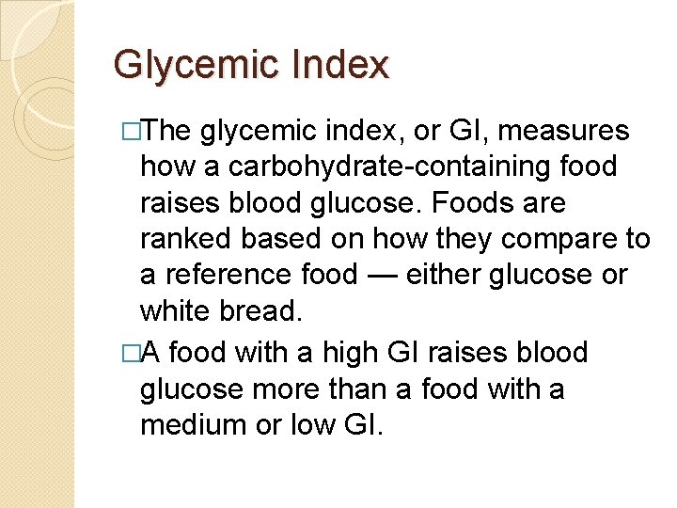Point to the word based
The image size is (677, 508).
tap(281, 240)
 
